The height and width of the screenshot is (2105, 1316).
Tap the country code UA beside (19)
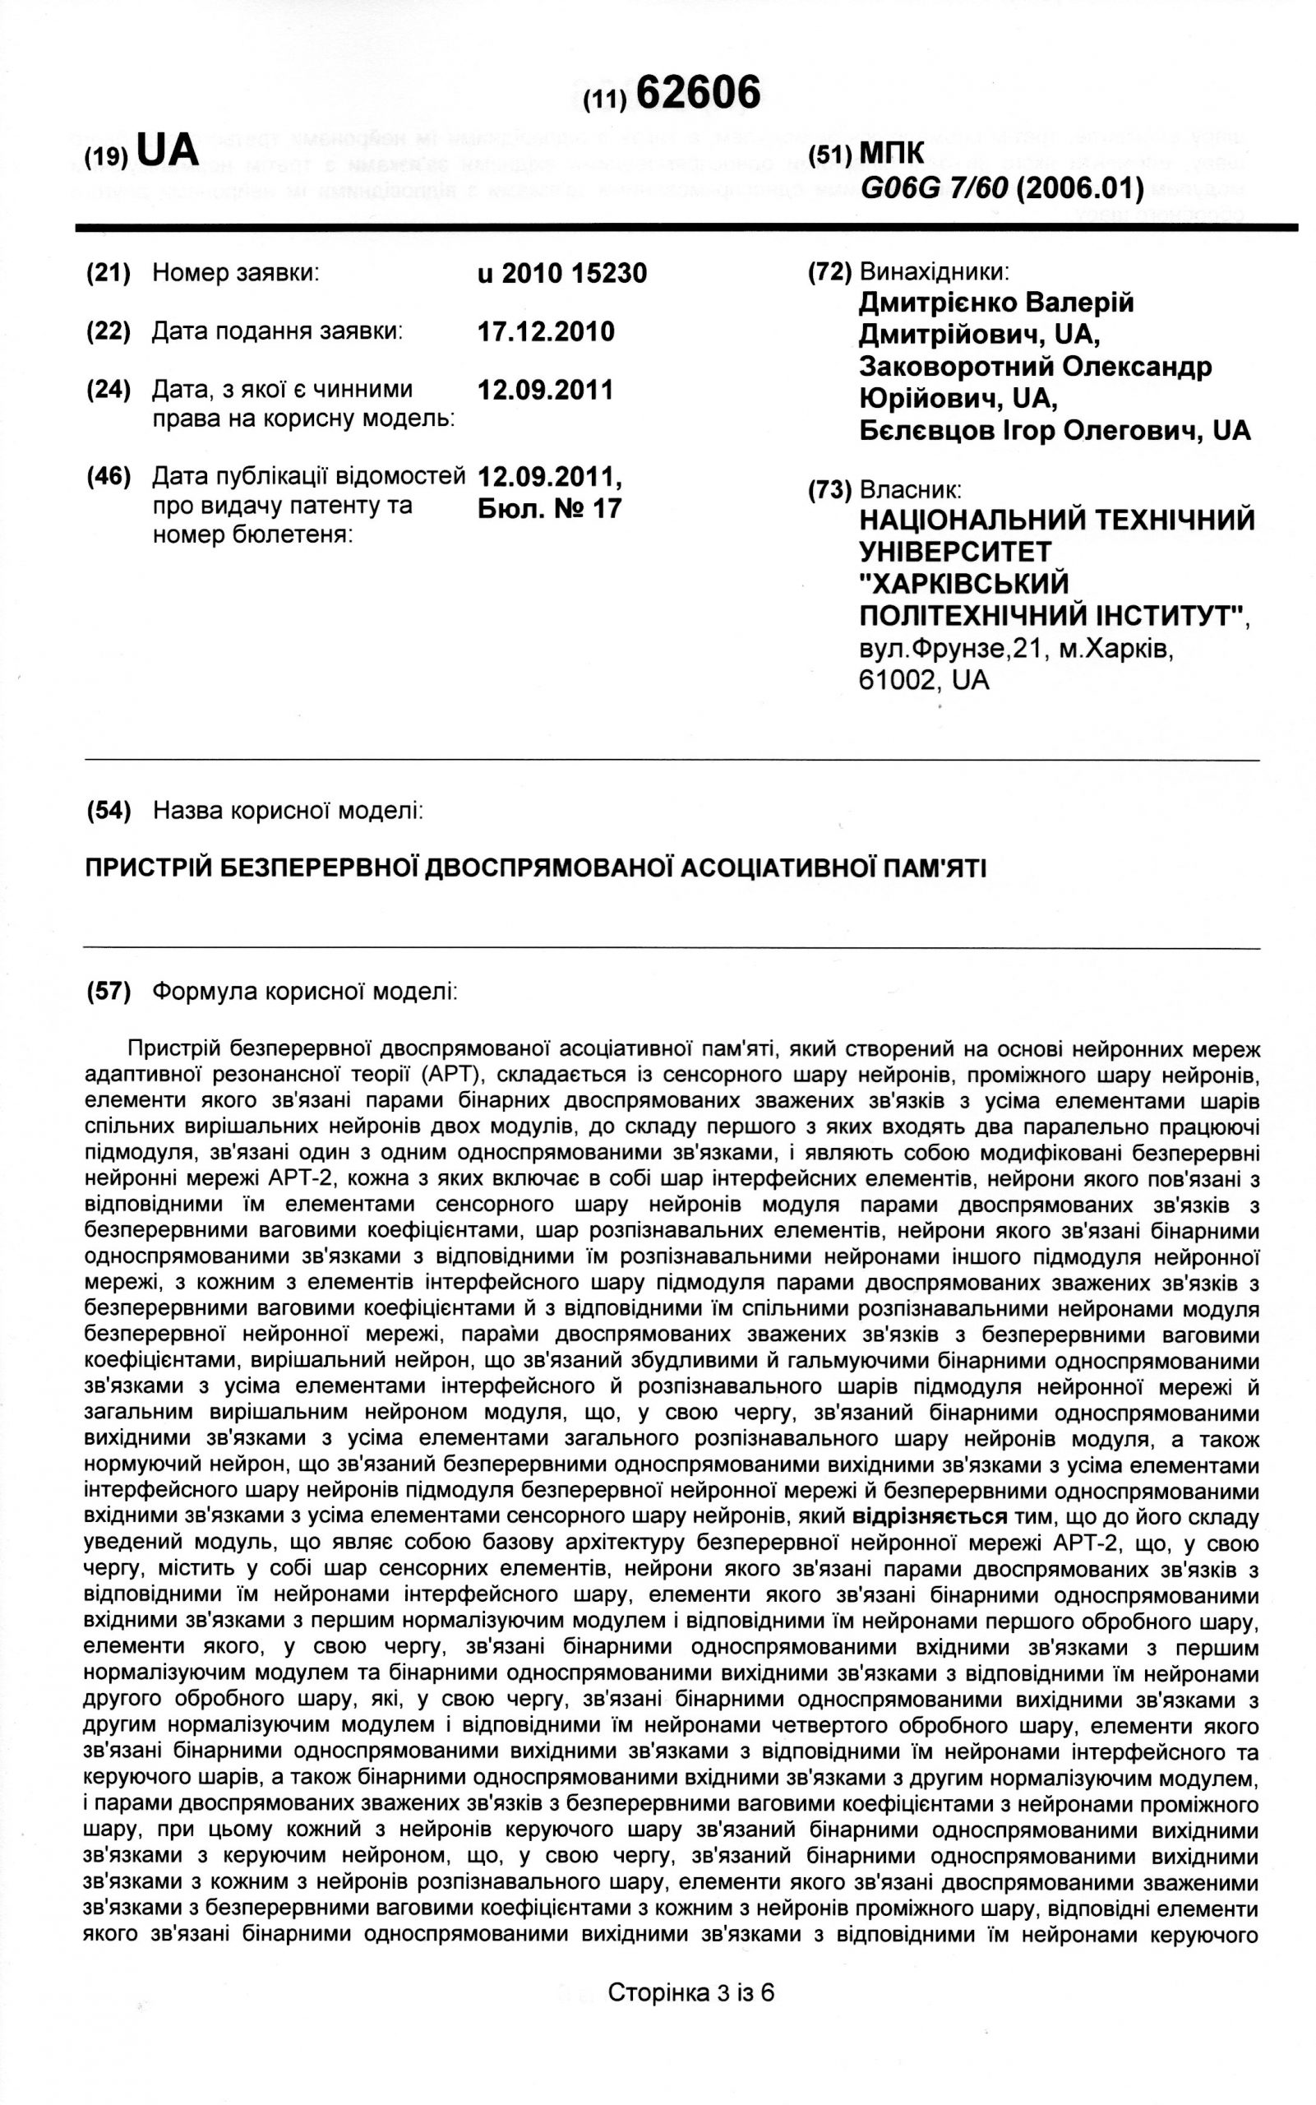click(x=168, y=150)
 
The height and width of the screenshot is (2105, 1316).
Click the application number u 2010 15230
click(x=562, y=273)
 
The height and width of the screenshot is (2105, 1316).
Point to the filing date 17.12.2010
click(x=546, y=331)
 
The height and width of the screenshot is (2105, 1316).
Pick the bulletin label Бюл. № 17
click(x=550, y=507)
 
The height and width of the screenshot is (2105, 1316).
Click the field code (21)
click(x=108, y=273)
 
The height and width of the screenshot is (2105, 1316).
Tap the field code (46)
click(x=108, y=476)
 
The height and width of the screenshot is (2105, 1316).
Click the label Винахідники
click(x=934, y=271)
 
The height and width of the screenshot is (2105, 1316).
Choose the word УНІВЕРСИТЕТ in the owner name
click(x=955, y=551)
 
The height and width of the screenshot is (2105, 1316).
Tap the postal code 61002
click(x=898, y=679)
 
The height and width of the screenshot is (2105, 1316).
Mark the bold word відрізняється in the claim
click(x=930, y=1516)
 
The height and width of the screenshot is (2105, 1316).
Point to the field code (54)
click(x=108, y=811)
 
